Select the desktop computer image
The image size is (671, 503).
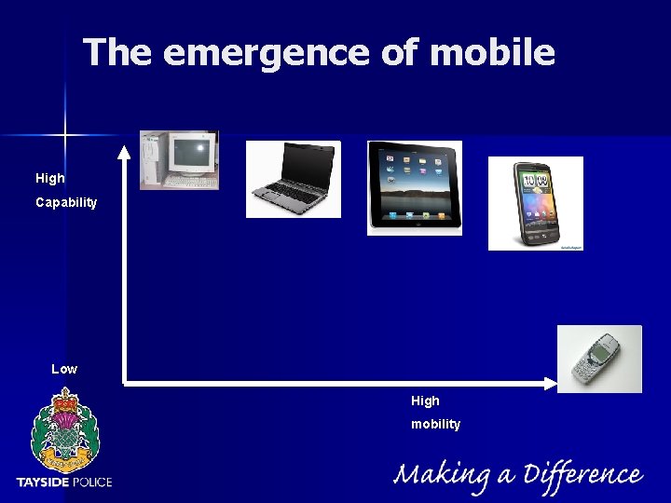[x=179, y=160]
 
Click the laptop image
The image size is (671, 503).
[x=293, y=179]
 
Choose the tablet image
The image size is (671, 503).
[x=414, y=187]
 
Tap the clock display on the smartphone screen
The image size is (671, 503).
[x=535, y=180]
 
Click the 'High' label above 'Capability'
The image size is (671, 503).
[x=50, y=178]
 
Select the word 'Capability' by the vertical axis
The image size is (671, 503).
[x=66, y=202]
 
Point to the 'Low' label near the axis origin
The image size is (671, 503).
[x=64, y=369]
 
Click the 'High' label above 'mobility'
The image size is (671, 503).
[x=425, y=401]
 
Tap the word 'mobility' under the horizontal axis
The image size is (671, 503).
[x=436, y=424]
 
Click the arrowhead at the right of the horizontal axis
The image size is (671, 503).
[x=550, y=382]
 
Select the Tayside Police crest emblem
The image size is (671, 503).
[x=63, y=431]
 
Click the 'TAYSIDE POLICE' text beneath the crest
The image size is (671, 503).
[x=63, y=482]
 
